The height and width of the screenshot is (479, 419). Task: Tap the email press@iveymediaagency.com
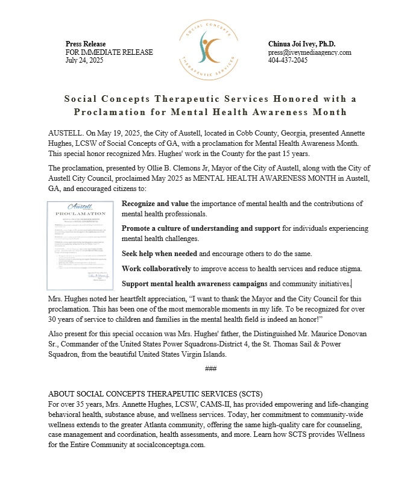[x=309, y=52]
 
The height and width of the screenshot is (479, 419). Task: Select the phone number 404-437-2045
[x=288, y=61]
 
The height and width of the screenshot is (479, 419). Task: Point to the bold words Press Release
[x=86, y=44]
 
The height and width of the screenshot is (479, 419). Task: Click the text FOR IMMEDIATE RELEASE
[x=109, y=52]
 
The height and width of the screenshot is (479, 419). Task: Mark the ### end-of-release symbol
[x=210, y=368]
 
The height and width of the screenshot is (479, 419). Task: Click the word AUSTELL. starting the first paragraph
[x=63, y=132]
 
